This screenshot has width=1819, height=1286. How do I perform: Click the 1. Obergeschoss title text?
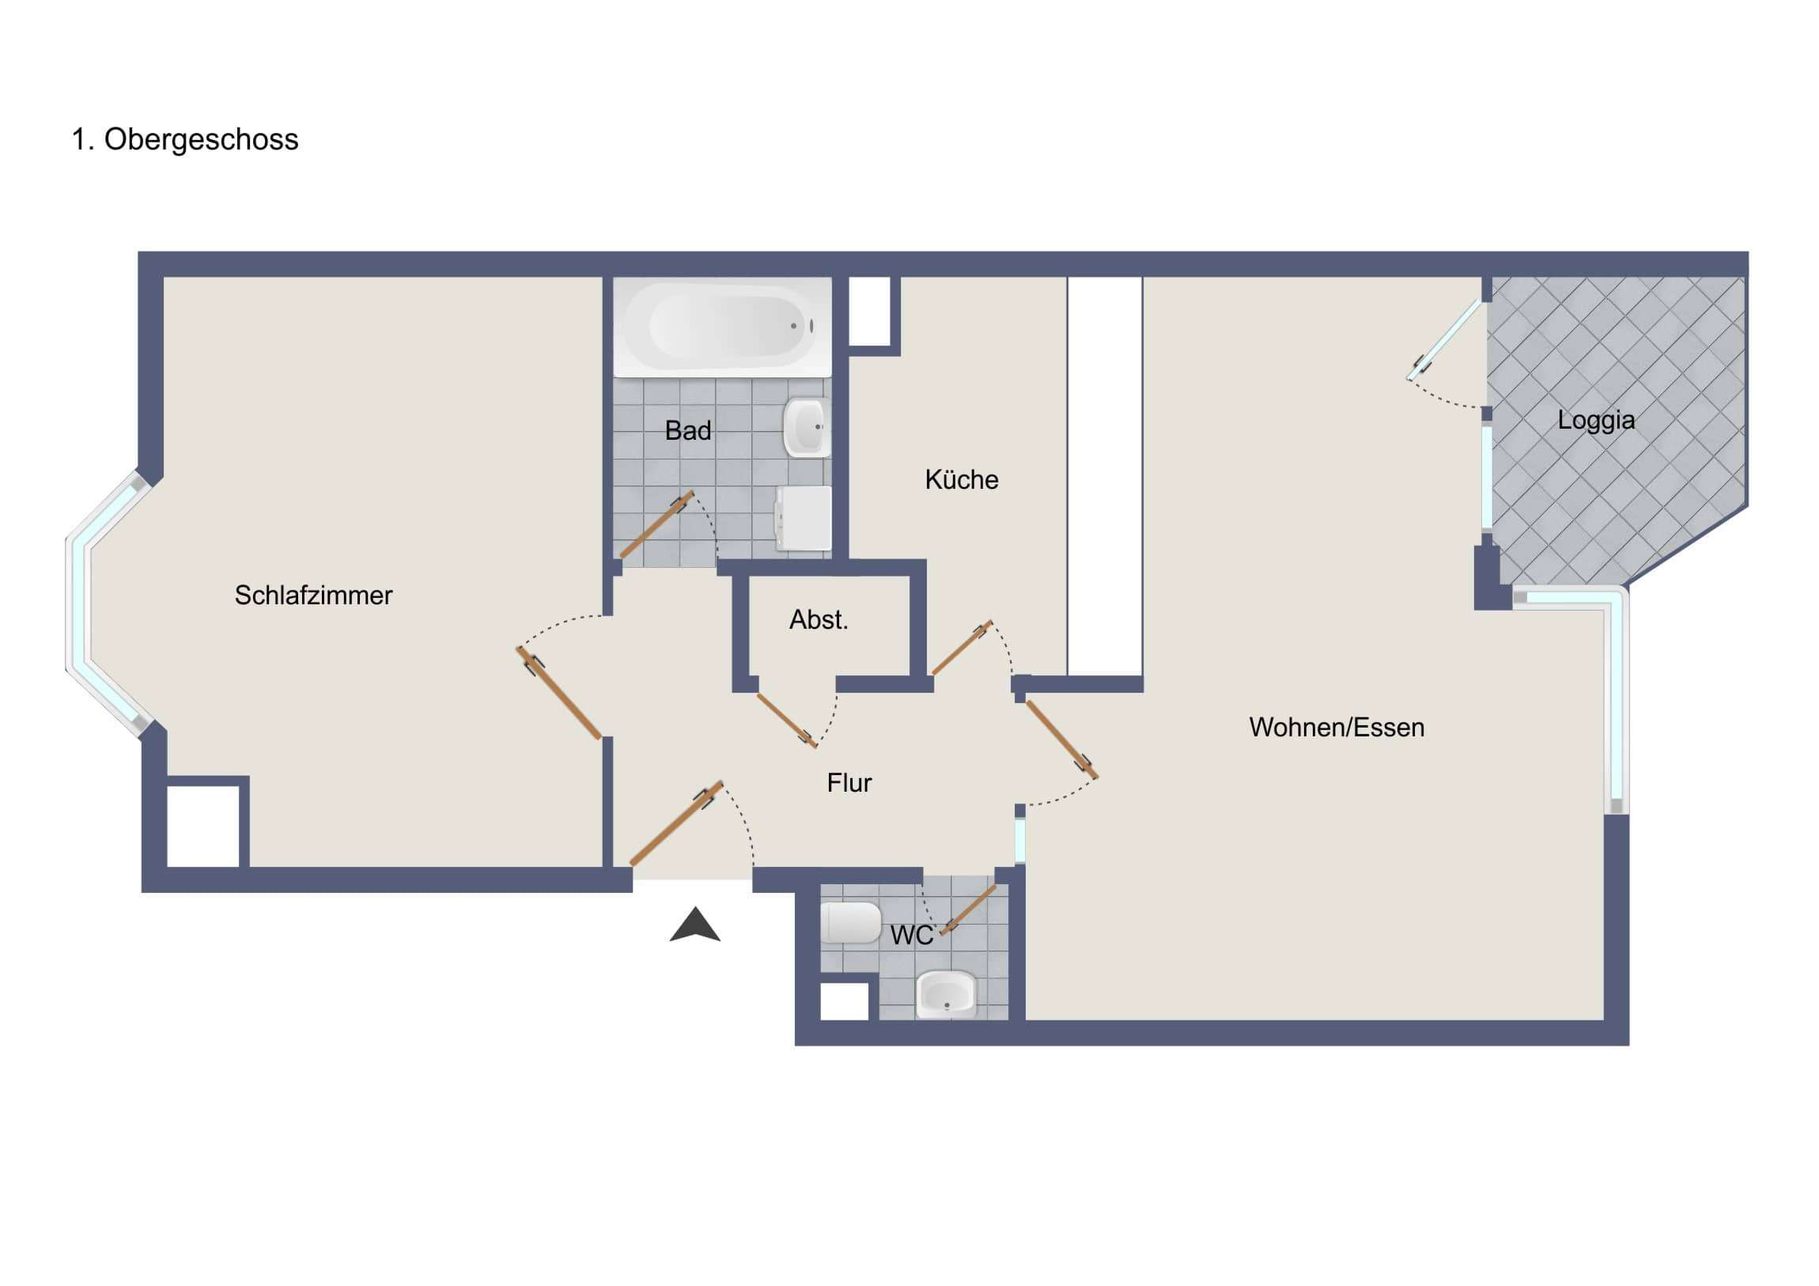click(184, 139)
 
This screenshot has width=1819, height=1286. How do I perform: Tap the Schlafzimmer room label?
click(313, 595)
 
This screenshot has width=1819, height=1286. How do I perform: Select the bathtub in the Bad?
click(723, 326)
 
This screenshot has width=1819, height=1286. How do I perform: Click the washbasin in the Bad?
click(807, 428)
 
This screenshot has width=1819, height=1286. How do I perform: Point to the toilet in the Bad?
click(804, 519)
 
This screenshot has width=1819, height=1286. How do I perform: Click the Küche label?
click(961, 479)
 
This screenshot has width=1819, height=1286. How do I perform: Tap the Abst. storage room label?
click(819, 619)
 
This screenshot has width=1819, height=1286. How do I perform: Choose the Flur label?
click(849, 783)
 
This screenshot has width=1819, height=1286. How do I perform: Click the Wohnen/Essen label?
click(1336, 728)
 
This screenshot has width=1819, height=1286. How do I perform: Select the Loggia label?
click(1596, 420)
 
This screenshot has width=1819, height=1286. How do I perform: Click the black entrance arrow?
click(695, 925)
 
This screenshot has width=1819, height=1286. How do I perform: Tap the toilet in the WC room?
click(850, 923)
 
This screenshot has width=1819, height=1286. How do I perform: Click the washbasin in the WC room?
click(946, 995)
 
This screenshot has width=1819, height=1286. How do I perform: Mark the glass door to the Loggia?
click(1443, 339)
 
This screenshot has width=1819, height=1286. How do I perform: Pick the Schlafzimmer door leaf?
click(558, 694)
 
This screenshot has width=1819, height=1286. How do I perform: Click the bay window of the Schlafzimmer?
click(80, 602)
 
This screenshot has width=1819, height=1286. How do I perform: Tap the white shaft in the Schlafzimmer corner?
click(202, 826)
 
